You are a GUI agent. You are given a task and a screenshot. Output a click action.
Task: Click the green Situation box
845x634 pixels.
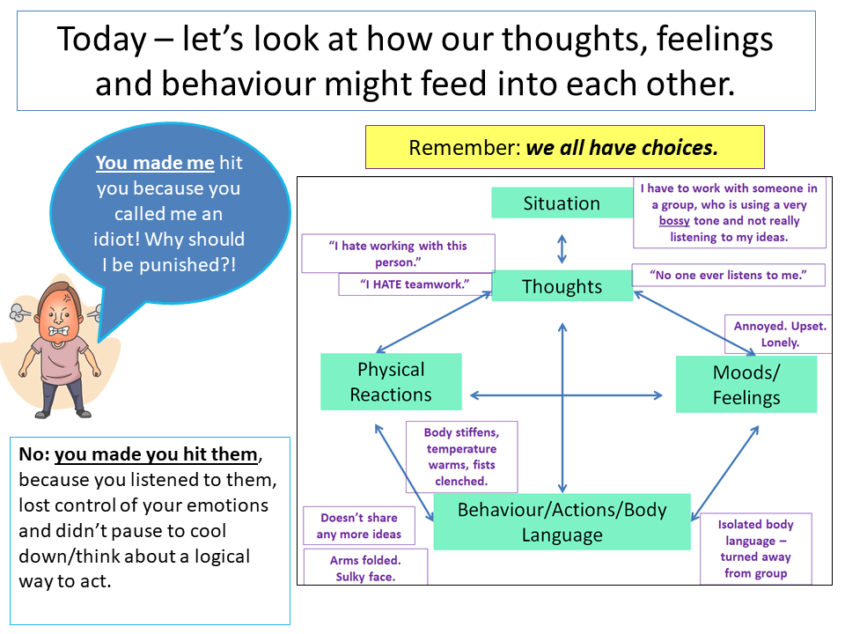562,203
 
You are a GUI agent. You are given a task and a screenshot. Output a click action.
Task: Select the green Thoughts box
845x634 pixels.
562,286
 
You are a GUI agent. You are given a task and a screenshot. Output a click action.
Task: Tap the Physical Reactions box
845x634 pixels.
391,382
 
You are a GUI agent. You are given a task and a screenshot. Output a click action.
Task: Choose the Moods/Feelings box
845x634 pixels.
746,385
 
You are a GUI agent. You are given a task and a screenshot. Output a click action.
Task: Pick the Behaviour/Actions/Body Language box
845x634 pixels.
562,521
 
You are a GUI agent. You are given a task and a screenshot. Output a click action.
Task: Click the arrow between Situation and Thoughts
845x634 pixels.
562,248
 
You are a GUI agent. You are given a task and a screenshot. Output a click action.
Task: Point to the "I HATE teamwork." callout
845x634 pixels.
415,284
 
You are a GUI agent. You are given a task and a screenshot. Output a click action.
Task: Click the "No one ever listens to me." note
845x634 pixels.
728,275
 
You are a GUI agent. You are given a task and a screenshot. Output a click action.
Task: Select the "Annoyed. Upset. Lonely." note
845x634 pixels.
780,334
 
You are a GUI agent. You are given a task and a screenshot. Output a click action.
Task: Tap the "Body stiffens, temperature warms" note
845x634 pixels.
461,456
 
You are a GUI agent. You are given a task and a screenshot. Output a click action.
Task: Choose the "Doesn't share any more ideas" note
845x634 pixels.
358,526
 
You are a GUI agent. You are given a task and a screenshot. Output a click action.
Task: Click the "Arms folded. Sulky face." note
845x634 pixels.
365,568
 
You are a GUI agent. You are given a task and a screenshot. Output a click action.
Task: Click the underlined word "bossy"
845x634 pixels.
674,221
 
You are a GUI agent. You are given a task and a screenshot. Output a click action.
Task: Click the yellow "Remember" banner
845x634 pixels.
564,147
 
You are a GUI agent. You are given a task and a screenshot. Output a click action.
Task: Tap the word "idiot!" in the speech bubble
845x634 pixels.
143,240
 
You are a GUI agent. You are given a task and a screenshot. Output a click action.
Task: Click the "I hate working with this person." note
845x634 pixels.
398,254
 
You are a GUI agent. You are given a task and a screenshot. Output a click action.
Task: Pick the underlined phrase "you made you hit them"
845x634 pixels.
158,455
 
